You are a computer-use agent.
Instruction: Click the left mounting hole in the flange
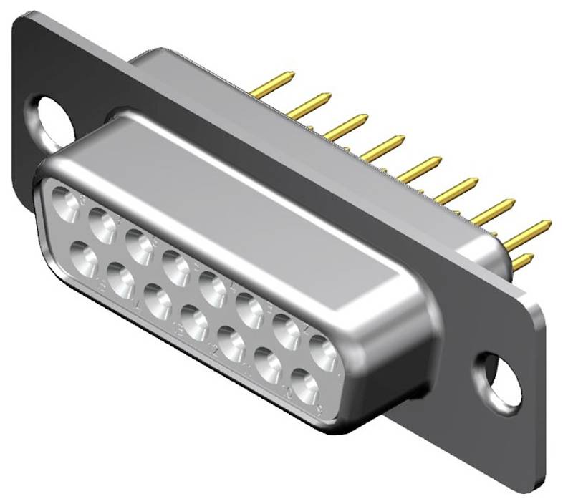point(52,119)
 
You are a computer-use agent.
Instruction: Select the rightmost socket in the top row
point(323,351)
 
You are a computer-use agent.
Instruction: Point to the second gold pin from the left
point(309,105)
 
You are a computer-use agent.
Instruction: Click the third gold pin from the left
point(346,126)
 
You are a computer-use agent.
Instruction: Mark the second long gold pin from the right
point(493,211)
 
